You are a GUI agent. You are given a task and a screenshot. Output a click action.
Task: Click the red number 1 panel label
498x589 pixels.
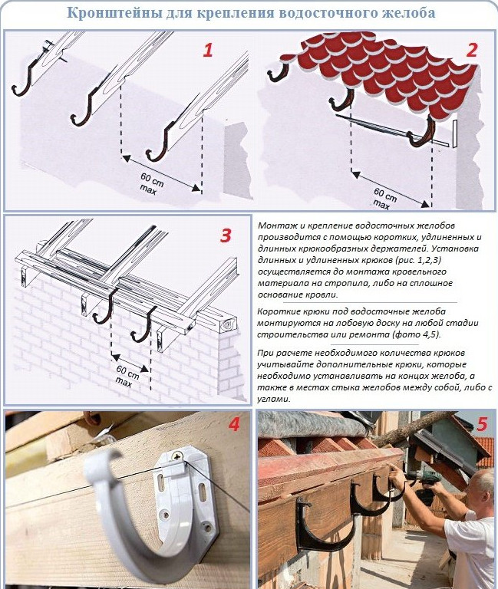point(208,51)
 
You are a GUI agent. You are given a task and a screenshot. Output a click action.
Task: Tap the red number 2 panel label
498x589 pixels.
point(472,51)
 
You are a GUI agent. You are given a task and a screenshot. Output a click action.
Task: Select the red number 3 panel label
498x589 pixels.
point(226,235)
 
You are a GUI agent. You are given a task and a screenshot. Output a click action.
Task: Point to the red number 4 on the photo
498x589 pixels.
point(233,424)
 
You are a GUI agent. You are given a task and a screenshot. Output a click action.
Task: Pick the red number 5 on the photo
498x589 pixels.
point(482,424)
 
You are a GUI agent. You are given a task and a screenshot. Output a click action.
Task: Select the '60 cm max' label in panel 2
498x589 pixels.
point(384,199)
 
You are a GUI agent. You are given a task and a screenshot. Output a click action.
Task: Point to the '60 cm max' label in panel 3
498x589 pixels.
point(127,376)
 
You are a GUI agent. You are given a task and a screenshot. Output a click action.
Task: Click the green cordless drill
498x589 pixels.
point(427,485)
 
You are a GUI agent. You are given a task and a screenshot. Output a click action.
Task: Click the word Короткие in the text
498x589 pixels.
point(277,311)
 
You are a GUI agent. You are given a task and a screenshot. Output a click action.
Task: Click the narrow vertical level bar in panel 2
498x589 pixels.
point(456,133)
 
